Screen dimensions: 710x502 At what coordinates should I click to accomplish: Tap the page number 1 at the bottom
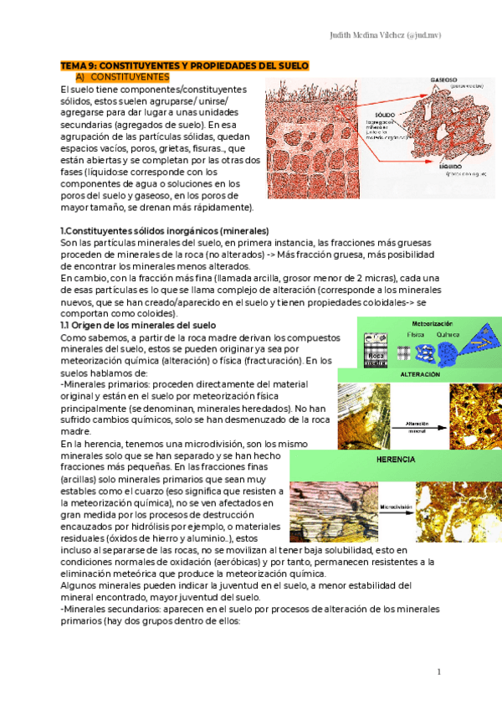coord(438,671)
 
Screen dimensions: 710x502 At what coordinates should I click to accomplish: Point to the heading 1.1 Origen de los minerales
coord(138,325)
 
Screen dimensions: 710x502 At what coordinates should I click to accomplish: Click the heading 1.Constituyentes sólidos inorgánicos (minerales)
coord(164,231)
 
